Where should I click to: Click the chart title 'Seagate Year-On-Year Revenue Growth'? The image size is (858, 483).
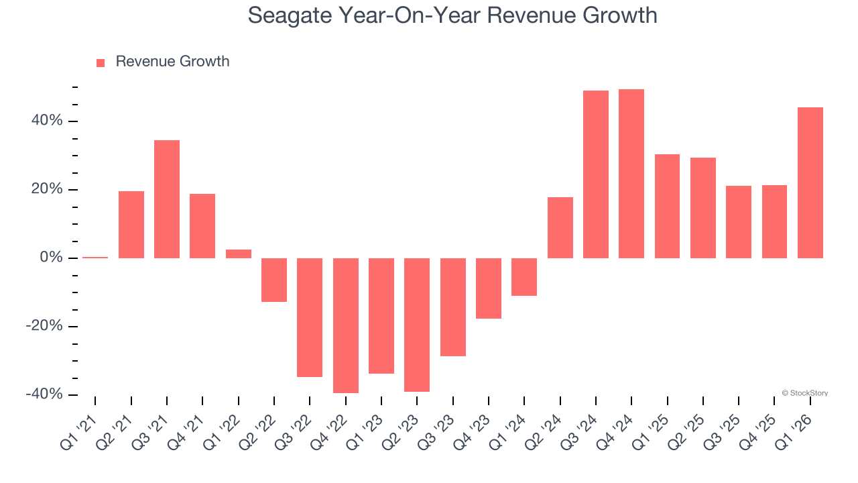point(452,15)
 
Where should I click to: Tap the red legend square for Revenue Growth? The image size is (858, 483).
point(101,62)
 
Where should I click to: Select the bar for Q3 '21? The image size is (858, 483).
point(167,199)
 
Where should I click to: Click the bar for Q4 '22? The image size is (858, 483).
point(346,325)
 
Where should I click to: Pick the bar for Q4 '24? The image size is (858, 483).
point(631,173)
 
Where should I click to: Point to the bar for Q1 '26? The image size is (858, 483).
point(810,182)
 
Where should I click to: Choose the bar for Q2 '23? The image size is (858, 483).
point(417,325)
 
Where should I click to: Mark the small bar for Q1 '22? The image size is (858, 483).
point(239,254)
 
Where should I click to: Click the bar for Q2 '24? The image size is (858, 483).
point(560,227)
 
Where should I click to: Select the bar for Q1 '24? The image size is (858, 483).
point(524,276)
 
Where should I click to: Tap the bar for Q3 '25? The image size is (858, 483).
point(739,221)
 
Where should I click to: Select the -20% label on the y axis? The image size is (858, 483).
point(44,326)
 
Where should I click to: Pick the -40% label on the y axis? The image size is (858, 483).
point(44,394)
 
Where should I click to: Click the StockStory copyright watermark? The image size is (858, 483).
point(804,393)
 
